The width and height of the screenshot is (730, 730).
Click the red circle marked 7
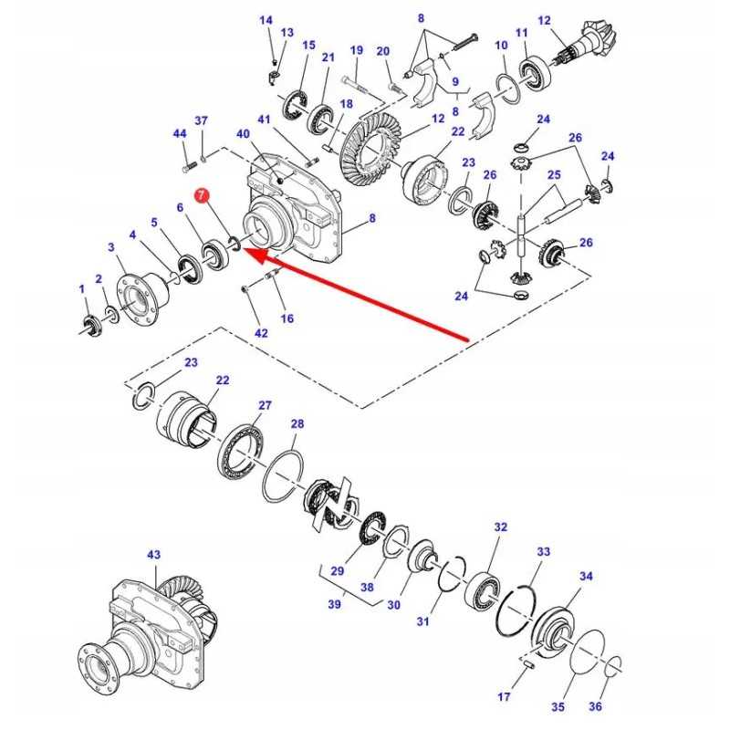click(202, 195)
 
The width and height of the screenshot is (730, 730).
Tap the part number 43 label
click(152, 555)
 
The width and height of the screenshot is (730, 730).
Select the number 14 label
click(266, 20)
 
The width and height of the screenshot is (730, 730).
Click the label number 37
click(202, 120)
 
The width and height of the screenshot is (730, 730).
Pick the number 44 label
click(180, 134)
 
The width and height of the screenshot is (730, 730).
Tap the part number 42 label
click(262, 333)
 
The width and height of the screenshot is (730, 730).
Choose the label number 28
click(297, 424)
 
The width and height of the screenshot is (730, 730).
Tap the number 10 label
click(501, 46)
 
